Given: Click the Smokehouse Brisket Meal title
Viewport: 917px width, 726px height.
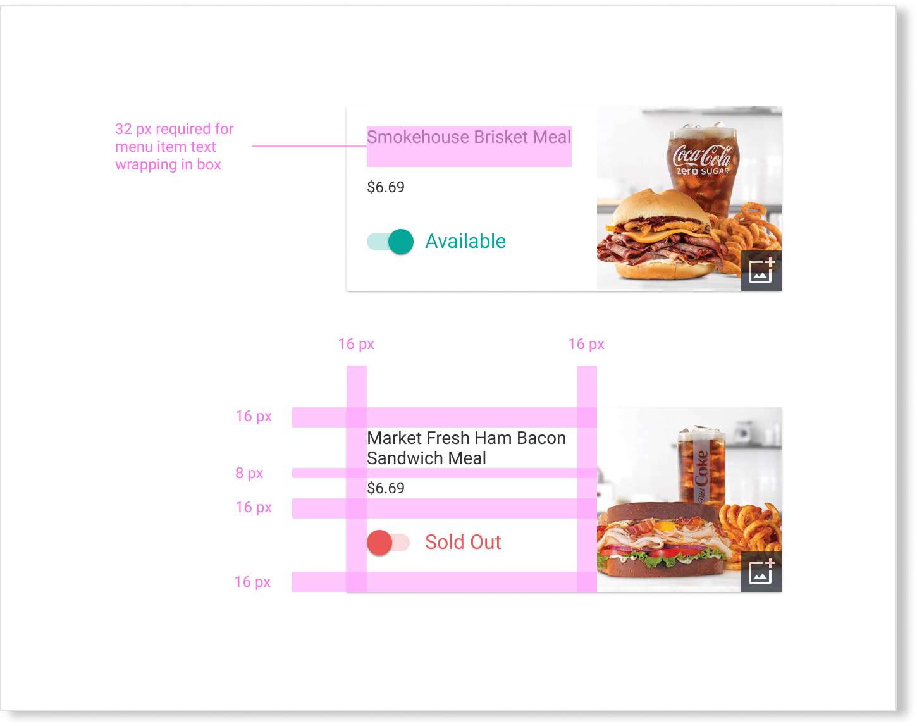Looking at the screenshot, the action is pyautogui.click(x=468, y=137).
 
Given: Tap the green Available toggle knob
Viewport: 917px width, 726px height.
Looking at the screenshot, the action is pyautogui.click(x=400, y=242).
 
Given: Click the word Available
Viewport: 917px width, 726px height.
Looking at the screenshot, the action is pyautogui.click(x=465, y=241).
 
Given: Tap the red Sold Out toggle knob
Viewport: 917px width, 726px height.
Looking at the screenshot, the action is pyautogui.click(x=379, y=543).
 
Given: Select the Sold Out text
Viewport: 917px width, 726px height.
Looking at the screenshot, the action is pyautogui.click(x=463, y=543).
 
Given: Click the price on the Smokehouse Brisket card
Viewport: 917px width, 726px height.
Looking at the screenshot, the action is pyautogui.click(x=386, y=187).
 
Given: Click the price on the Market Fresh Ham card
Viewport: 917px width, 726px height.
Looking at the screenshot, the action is pyautogui.click(x=386, y=488).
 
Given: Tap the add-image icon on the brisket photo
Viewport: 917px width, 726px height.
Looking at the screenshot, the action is pyautogui.click(x=761, y=271).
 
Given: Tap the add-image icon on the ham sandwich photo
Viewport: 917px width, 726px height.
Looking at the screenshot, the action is pyautogui.click(x=761, y=572).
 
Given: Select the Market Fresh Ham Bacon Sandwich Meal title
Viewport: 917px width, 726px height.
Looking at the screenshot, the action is pyautogui.click(x=466, y=448).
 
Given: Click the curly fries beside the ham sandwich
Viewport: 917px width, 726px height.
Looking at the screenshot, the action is pyautogui.click(x=752, y=532).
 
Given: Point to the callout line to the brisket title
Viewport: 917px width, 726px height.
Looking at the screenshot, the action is pyautogui.click(x=309, y=146).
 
